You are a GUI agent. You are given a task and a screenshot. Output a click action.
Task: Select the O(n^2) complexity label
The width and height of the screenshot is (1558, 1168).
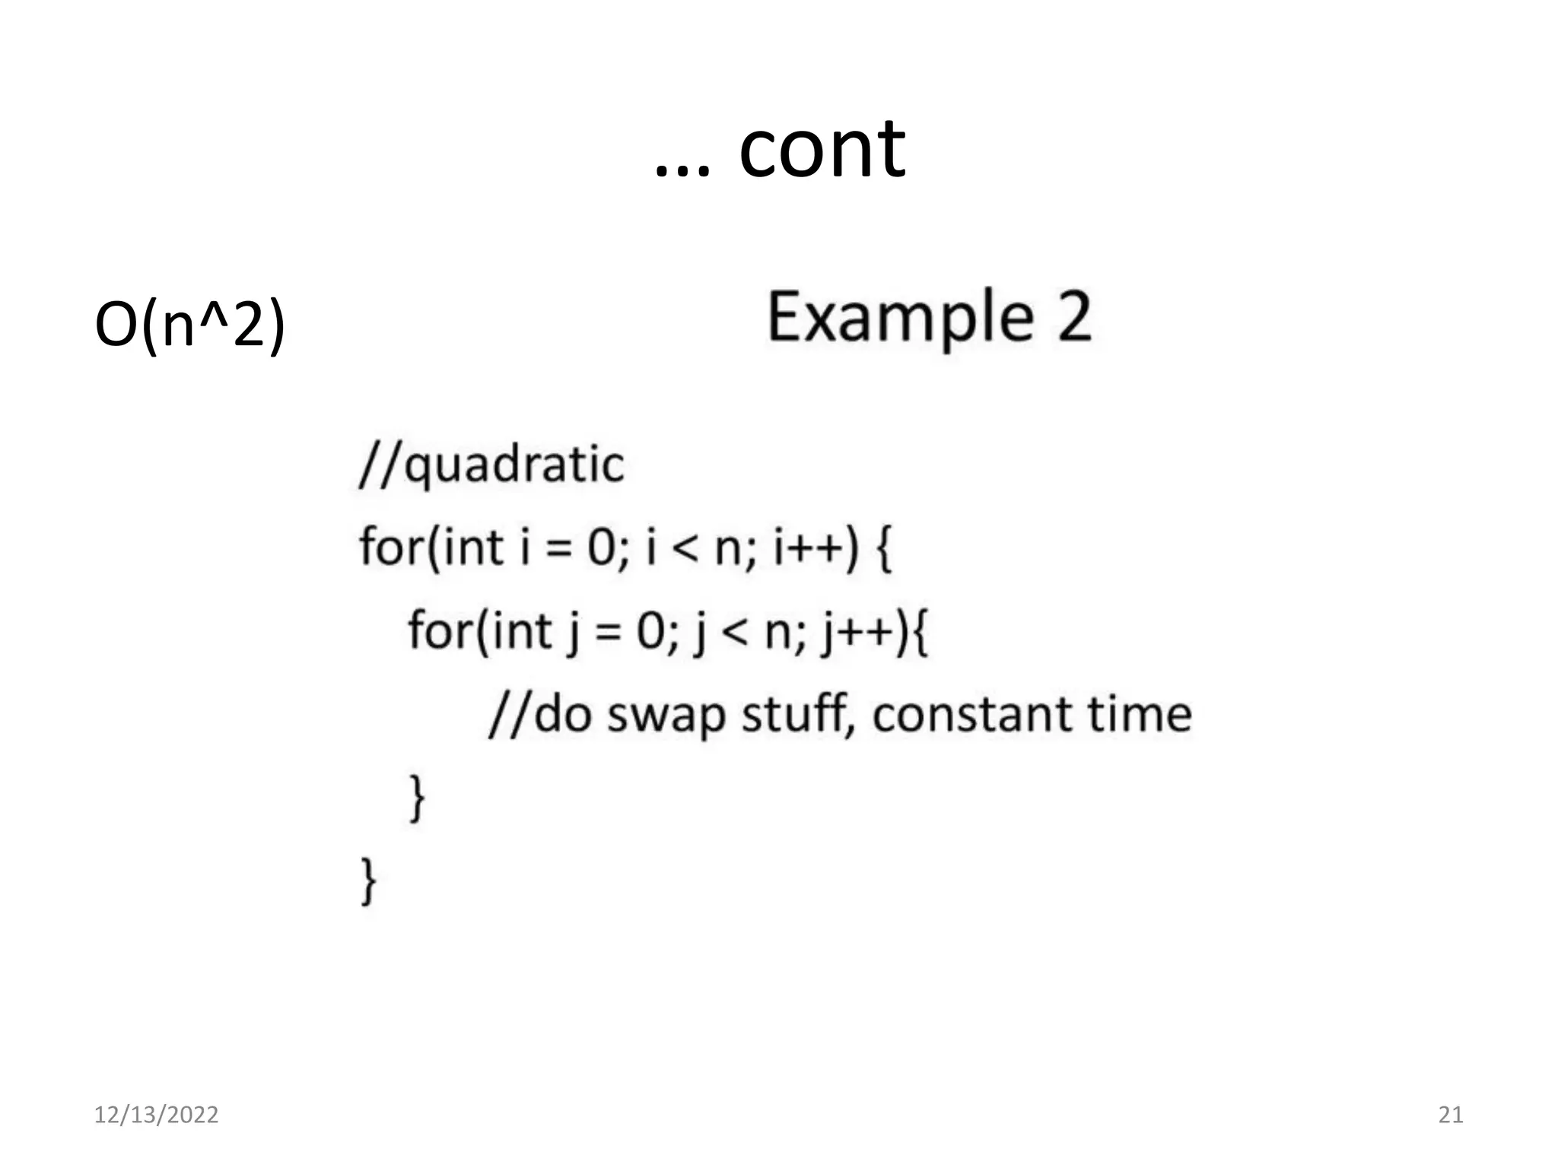pyautogui.click(x=189, y=325)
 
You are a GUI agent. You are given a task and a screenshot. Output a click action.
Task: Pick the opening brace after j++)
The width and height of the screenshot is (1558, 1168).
pyautogui.click(x=920, y=633)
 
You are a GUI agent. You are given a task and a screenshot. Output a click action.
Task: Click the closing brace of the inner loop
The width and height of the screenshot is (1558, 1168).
pyautogui.click(x=417, y=798)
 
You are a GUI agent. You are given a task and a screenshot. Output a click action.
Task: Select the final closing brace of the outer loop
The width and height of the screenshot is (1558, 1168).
pyautogui.click(x=368, y=881)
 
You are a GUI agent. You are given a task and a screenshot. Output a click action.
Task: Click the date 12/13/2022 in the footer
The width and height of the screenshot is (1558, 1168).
pyautogui.click(x=156, y=1115)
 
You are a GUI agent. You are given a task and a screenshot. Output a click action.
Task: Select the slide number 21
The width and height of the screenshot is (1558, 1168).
pyautogui.click(x=1451, y=1115)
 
